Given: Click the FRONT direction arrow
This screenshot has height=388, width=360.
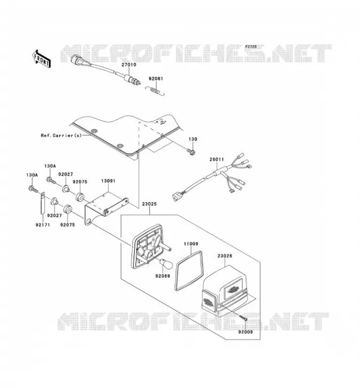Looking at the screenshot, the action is [42, 58].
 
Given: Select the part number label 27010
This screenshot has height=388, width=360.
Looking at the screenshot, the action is [129, 65].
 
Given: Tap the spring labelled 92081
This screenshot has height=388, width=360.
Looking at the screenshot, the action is [154, 91].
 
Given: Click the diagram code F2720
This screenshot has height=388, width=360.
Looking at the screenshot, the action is [251, 47].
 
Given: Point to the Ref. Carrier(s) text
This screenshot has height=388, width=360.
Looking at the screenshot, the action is [61, 135].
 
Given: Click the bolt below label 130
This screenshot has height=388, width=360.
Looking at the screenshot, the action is [191, 151].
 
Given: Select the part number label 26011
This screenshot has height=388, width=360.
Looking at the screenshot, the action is [217, 160].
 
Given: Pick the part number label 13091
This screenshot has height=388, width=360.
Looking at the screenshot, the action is [108, 181].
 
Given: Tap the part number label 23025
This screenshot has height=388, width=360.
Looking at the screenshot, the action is [149, 204].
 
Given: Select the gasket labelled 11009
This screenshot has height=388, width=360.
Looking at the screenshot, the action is [189, 271].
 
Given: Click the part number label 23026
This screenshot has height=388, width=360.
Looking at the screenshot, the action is [225, 256].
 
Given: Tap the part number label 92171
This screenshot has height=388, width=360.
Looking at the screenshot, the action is [43, 225].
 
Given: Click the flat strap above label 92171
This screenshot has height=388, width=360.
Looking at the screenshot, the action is [42, 203].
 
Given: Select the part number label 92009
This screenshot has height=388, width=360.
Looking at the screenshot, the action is [245, 332].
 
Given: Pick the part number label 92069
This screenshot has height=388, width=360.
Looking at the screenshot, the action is [163, 276].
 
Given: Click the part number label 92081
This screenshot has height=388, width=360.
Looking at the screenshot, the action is [156, 79].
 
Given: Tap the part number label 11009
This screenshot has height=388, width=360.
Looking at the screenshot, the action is [191, 244].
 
